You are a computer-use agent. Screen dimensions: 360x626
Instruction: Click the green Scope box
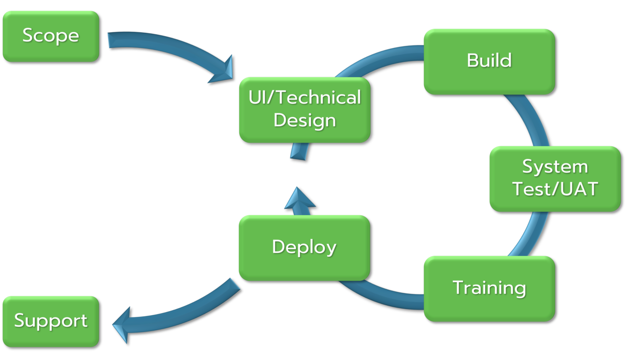(x=51, y=36)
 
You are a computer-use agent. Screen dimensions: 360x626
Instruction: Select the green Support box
(x=51, y=321)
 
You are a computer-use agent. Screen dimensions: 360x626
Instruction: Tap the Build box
(x=489, y=61)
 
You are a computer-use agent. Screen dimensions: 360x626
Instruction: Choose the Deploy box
(x=304, y=247)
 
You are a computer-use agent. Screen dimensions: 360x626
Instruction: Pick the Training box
(x=489, y=288)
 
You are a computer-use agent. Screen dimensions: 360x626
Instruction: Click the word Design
(x=304, y=120)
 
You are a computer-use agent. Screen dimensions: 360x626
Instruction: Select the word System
(x=555, y=167)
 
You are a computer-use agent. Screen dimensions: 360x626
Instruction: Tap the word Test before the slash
(x=529, y=189)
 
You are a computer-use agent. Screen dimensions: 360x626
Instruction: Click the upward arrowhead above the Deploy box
(x=299, y=198)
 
